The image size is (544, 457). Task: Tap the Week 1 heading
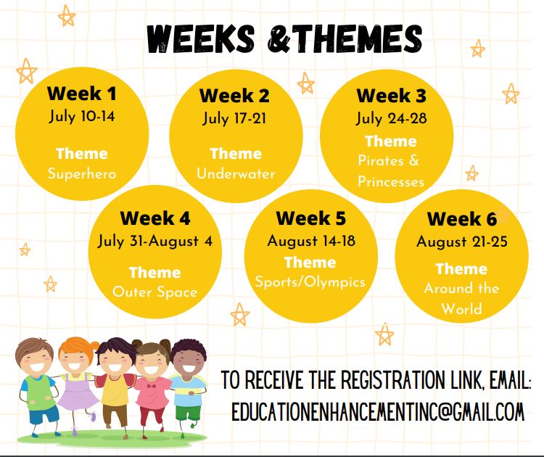point(81,94)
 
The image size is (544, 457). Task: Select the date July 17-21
point(236,118)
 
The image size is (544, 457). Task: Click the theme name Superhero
point(82,174)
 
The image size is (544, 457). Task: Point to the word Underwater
point(236,174)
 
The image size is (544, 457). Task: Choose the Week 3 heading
point(391,96)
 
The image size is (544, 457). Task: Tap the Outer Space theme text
point(154,292)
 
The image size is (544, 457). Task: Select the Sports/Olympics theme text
point(310,281)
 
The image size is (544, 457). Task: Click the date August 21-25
point(461,242)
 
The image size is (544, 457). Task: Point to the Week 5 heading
point(311,218)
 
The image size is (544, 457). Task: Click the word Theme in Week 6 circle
point(461,268)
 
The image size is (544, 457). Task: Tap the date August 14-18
point(311,242)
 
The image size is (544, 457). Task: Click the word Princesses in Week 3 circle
point(390,181)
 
